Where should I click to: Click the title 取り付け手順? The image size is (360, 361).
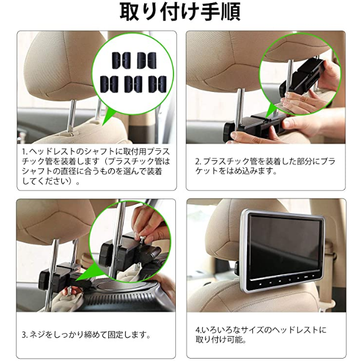[x=180, y=12]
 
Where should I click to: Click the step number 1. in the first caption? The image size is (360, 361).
[x=25, y=152]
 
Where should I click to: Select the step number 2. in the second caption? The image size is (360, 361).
[x=198, y=161]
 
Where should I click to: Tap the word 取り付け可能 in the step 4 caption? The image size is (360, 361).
[x=219, y=339]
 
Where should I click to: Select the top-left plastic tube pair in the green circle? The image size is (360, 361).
[x=121, y=60]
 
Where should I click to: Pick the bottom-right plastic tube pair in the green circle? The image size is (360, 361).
[x=157, y=84]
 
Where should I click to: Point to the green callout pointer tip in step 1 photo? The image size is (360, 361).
[x=102, y=125]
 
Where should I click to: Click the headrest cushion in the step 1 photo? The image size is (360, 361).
[x=62, y=66]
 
